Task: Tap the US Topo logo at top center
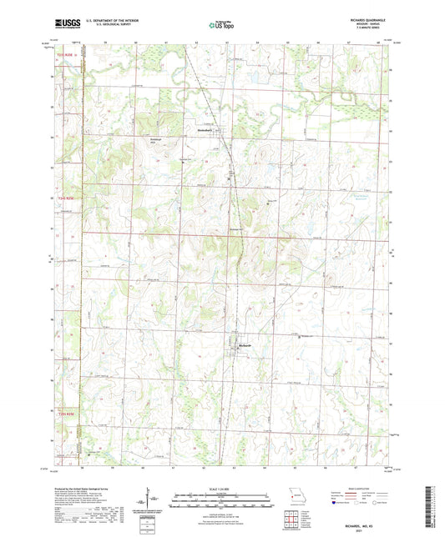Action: tap(221, 26)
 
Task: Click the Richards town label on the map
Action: tap(245, 344)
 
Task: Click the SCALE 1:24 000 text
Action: tap(221, 490)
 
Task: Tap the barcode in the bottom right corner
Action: tap(430, 504)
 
